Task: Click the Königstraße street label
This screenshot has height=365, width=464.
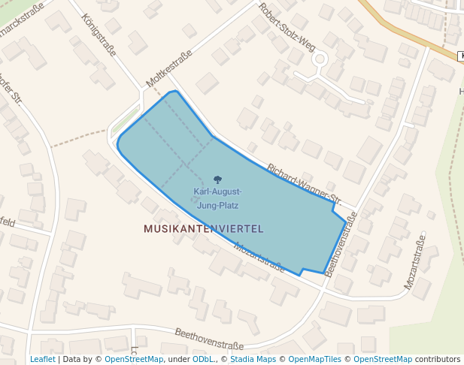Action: point(99,36)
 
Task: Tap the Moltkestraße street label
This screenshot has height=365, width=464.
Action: point(169,67)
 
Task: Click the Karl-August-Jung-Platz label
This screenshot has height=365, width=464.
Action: point(217,198)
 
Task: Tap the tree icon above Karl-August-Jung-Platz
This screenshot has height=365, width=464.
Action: point(218,179)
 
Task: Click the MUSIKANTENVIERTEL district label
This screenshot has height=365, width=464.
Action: point(204,228)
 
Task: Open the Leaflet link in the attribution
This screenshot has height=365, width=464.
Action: point(42,360)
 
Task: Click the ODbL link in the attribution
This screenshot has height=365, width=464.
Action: point(203,360)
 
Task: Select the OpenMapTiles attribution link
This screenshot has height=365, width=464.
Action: point(319,360)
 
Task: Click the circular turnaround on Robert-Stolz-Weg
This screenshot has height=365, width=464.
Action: point(320,59)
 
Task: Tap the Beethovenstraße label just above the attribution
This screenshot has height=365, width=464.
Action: point(209,339)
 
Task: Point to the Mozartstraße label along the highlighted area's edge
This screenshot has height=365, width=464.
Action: point(259,256)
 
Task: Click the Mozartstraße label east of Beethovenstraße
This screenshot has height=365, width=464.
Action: point(415,262)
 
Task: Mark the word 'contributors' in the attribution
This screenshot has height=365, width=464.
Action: point(438,360)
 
